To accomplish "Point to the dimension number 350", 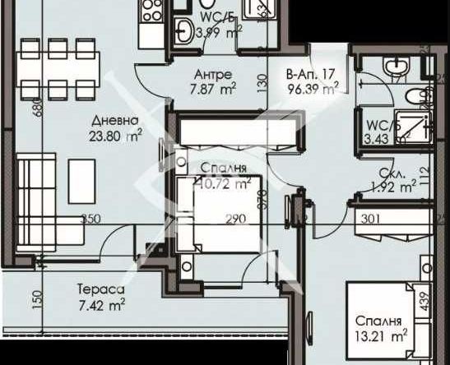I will coord(90,219).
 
